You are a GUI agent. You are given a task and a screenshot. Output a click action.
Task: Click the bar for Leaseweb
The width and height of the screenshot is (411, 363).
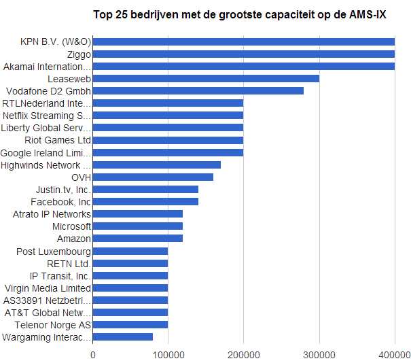206,79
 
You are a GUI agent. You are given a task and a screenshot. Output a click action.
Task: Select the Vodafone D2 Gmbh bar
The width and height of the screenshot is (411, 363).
198,91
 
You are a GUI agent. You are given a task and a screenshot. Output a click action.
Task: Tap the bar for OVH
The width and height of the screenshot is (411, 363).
153,177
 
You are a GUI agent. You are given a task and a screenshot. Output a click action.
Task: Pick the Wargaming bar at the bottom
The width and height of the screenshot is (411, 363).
123,337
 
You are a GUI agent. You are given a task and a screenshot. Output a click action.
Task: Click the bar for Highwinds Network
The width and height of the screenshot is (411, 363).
157,165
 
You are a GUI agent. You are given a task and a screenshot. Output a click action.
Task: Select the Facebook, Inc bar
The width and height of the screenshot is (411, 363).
145,202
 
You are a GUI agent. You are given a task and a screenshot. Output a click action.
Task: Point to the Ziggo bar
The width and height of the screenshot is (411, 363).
243,54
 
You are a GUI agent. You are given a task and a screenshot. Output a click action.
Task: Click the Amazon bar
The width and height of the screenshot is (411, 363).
138,239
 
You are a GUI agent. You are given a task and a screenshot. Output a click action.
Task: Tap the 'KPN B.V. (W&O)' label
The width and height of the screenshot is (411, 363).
56,42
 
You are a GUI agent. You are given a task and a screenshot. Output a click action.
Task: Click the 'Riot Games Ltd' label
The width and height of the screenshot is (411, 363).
58,140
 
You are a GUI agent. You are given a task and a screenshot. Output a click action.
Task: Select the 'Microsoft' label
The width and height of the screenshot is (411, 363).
71,226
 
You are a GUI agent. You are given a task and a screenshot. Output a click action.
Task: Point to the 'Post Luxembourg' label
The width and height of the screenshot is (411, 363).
54,252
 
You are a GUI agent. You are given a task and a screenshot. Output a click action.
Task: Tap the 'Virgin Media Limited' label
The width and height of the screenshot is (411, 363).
48,288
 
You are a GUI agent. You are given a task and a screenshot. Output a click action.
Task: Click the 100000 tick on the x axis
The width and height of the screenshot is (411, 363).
168,354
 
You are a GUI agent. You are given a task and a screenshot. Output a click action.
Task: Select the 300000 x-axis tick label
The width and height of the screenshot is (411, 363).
319,354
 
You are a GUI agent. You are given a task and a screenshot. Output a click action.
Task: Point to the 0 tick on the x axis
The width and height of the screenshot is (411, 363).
93,354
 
